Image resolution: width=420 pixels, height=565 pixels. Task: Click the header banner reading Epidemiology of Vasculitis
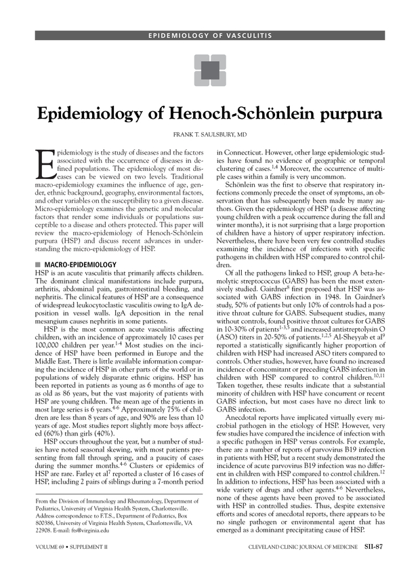tap(209, 35)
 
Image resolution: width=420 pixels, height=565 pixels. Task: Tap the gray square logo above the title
tap(209, 69)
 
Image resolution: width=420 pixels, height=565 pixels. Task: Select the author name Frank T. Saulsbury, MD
tap(209, 135)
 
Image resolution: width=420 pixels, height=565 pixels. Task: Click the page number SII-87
tap(374, 546)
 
